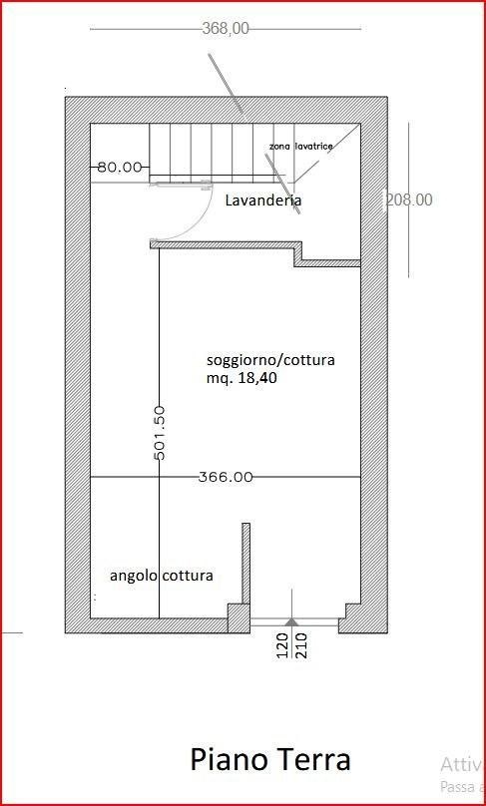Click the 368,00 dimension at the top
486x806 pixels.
point(226,29)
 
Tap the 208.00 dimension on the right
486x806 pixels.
point(409,200)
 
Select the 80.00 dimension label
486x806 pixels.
point(120,167)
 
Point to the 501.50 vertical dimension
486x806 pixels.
point(160,432)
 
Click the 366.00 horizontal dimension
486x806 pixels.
point(226,477)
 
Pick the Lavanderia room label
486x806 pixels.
point(263,201)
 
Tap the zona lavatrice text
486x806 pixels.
point(300,147)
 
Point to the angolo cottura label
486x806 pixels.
point(161,576)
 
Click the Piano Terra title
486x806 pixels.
point(270,760)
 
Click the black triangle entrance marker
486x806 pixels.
point(290,621)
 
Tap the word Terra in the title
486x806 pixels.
point(311,760)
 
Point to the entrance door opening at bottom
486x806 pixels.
point(294,626)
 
